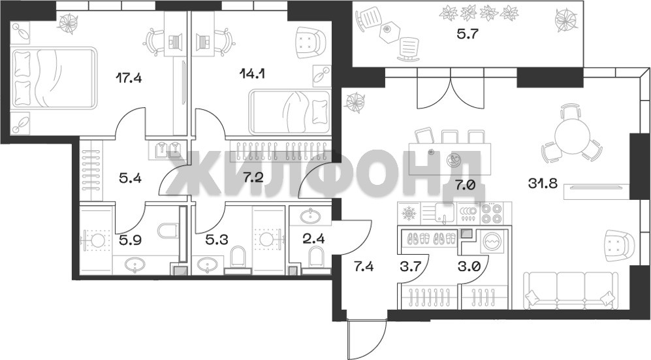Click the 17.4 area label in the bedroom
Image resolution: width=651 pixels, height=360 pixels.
coord(129,78)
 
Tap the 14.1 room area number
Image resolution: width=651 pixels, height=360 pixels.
coord(253,73)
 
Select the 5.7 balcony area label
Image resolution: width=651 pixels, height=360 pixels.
coord(468,33)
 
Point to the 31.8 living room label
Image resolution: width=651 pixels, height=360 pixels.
coord(543,183)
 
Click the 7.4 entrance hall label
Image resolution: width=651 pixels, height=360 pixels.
coord(363,266)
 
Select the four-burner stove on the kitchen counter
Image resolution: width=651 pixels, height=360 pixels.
coord(492,213)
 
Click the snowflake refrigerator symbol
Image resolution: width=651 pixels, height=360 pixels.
coord(409,214)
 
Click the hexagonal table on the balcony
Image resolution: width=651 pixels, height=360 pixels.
coord(387,29)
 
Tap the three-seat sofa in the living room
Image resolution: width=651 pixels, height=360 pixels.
coord(569,290)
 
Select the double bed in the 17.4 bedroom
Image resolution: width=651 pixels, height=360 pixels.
coord(54,78)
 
